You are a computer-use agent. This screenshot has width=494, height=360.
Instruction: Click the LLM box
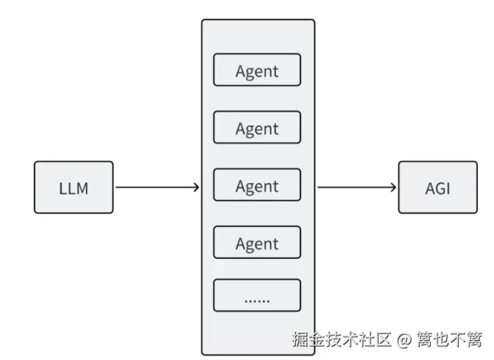click(73, 187)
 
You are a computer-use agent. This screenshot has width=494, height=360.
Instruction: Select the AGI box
click(438, 187)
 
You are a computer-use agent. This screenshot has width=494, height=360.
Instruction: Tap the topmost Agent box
click(257, 70)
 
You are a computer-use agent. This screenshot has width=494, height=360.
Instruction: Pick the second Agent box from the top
click(257, 128)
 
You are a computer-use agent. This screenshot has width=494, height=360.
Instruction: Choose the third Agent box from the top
click(257, 186)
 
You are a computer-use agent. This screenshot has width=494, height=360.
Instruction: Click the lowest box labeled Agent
click(257, 243)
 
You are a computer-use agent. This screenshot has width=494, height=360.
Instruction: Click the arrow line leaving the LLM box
click(155, 188)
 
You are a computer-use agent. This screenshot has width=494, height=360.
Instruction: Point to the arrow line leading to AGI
click(355, 188)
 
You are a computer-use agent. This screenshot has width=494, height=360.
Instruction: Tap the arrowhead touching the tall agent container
click(196, 188)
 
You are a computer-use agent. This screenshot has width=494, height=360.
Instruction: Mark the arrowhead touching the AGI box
click(393, 188)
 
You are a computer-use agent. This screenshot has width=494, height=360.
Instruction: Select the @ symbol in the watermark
click(403, 340)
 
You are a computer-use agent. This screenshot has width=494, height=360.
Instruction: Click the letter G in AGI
click(439, 188)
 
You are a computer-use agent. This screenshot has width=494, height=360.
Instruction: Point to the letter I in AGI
click(448, 188)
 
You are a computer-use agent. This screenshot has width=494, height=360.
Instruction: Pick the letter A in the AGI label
click(429, 188)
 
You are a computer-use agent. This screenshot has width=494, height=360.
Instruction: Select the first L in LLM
click(62, 188)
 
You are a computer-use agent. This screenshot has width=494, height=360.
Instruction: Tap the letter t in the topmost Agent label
click(275, 72)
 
